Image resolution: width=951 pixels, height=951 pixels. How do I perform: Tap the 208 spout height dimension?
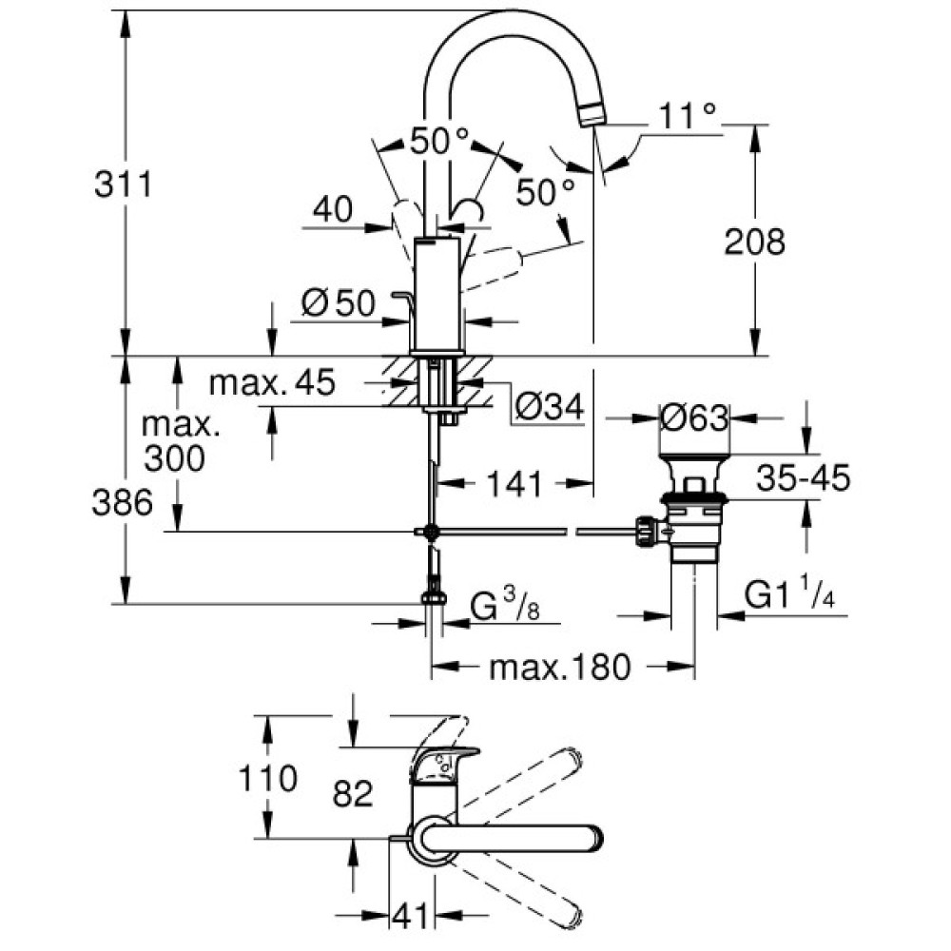[755, 243]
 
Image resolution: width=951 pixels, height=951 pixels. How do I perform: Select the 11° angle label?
[685, 117]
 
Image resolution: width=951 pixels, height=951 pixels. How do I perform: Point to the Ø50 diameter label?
[339, 303]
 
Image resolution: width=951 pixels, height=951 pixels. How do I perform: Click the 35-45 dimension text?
[804, 478]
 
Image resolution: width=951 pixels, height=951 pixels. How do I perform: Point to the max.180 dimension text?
[560, 668]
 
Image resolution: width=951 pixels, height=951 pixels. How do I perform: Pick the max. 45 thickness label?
[272, 383]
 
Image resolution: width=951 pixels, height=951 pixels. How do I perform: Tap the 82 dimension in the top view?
[353, 793]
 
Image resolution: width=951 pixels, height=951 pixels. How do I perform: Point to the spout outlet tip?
[591, 116]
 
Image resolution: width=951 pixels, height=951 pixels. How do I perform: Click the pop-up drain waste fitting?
[691, 514]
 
